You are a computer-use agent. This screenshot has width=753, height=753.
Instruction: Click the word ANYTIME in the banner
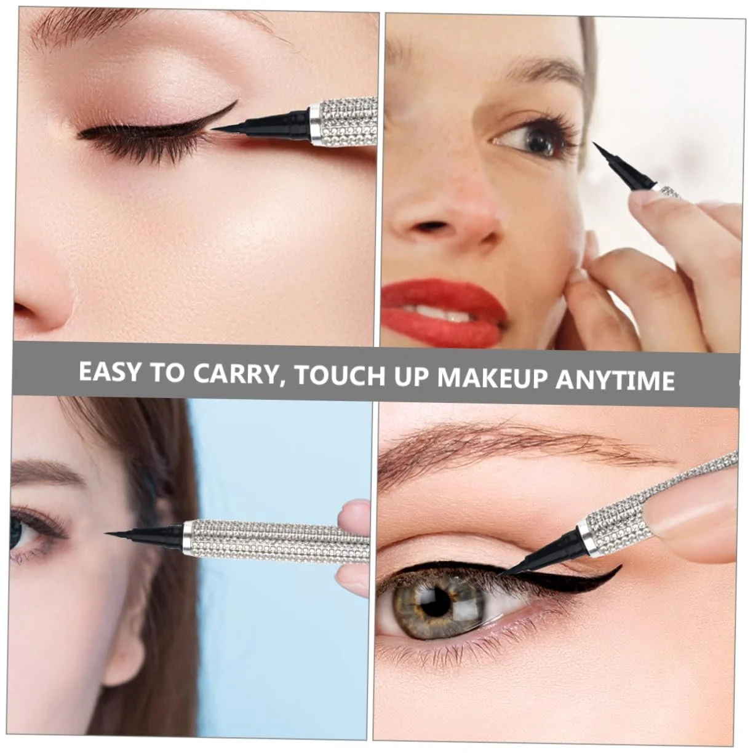point(615,380)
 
